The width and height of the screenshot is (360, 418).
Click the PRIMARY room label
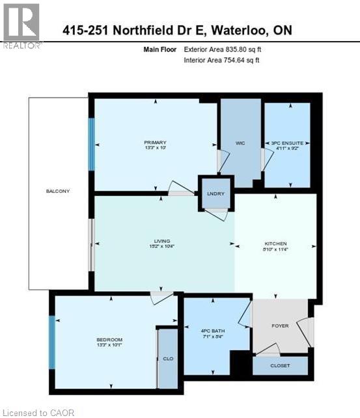pos(155,143)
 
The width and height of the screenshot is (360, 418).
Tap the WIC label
pos(240,143)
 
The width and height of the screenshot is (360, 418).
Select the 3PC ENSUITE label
pos(286,143)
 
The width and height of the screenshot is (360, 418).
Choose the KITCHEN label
pos(275,244)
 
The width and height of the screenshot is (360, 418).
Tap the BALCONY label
pos(57,191)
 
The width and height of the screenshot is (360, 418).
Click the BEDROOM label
pos(109,340)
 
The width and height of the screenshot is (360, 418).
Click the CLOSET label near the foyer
pos(280,366)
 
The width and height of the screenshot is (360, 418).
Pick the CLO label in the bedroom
pos(168,359)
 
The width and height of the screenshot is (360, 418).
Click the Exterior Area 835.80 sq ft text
pos(223,49)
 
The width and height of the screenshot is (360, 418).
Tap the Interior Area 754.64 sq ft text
pos(223,60)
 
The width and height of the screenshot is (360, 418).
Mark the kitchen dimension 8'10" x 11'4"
pos(275,249)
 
